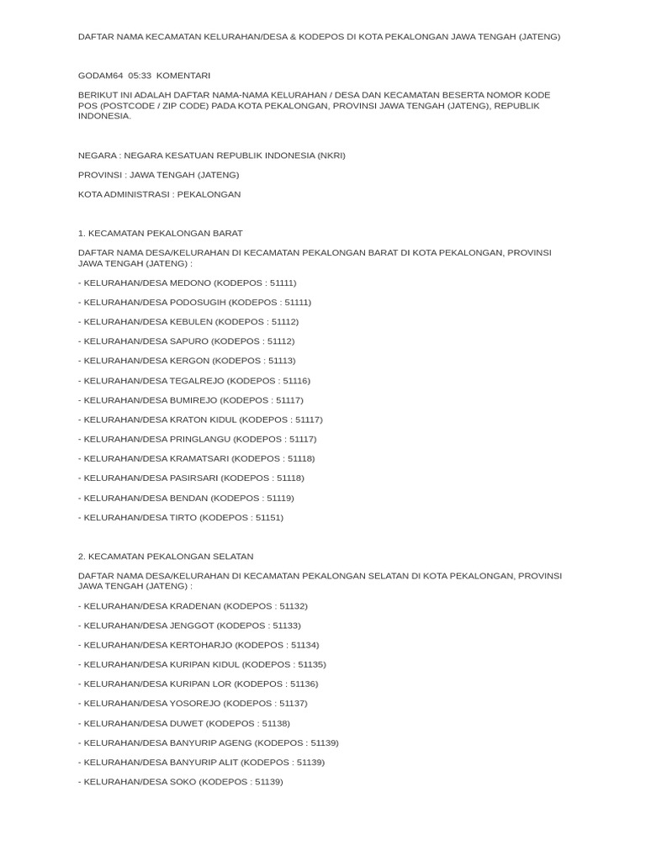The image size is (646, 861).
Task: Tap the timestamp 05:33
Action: [x=140, y=76]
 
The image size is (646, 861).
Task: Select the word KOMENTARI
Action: [x=183, y=76]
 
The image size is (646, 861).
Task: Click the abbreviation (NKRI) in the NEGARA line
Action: [x=331, y=156]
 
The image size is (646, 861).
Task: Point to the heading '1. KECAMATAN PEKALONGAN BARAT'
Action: [x=160, y=233]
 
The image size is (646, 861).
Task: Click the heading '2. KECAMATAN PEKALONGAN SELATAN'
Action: [x=166, y=557]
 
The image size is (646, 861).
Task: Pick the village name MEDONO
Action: [x=190, y=283]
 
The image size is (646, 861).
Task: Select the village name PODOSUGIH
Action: [x=198, y=302]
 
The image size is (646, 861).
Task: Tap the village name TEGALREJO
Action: [x=197, y=381]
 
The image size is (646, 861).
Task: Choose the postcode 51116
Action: [x=295, y=381]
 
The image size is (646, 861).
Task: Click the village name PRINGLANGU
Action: [x=200, y=439]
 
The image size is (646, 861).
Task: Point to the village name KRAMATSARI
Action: [x=199, y=458]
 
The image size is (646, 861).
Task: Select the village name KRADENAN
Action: [x=195, y=606]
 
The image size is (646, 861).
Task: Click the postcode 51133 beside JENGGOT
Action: [x=284, y=626]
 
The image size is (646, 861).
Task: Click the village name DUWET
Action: [x=186, y=723]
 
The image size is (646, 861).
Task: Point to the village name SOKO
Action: [x=183, y=781]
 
